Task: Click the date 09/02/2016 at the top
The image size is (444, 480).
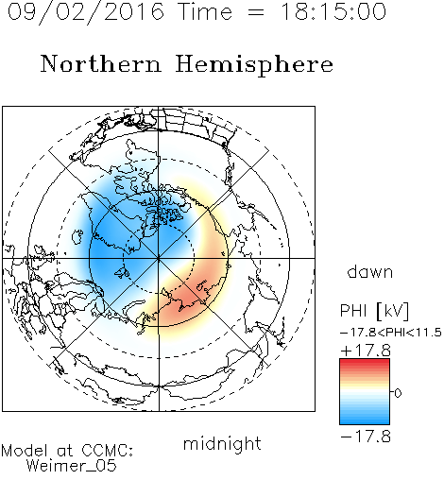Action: pyautogui.click(x=86, y=12)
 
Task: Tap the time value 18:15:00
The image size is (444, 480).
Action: pyautogui.click(x=333, y=12)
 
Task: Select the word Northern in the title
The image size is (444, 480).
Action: pyautogui.click(x=101, y=64)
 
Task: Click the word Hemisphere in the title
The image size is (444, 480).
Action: pyautogui.click(x=254, y=65)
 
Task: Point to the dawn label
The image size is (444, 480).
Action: pyautogui.click(x=370, y=272)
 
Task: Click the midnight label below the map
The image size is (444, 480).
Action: pyautogui.click(x=222, y=444)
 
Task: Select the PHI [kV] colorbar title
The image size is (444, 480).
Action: pyautogui.click(x=374, y=311)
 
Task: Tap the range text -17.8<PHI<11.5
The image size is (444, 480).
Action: pyautogui.click(x=391, y=333)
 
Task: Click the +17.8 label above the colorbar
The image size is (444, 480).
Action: pyautogui.click(x=366, y=351)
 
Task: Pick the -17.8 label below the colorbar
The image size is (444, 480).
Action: pyautogui.click(x=366, y=437)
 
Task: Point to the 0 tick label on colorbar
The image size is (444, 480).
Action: pyautogui.click(x=398, y=393)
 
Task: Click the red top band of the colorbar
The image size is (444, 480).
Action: pyautogui.click(x=365, y=363)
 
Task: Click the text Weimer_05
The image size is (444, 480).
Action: pyautogui.click(x=72, y=466)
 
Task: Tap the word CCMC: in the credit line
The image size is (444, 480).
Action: pyautogui.click(x=107, y=451)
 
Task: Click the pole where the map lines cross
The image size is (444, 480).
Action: pyautogui.click(x=159, y=258)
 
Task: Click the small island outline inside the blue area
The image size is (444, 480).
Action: pyautogui.click(x=77, y=237)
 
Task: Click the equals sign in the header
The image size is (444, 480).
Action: pyautogui.click(x=256, y=13)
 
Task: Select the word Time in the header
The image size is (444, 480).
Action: pyautogui.click(x=205, y=12)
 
